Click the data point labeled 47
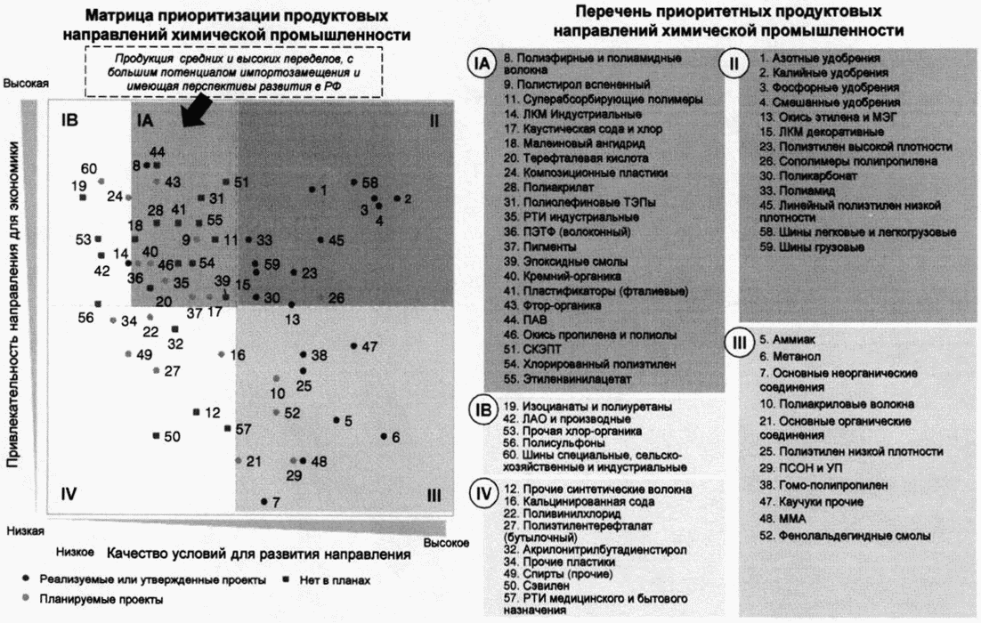354,345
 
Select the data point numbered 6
384,436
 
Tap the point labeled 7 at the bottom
264,502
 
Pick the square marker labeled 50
157,435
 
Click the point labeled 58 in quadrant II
353,182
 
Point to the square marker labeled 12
196,412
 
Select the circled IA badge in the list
482,65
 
